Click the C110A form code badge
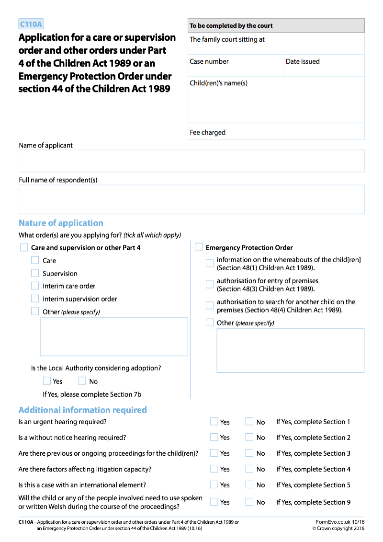point(31,24)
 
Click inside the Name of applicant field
point(191,161)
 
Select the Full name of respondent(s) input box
point(191,199)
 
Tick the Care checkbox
point(35,260)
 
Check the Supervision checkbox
point(35,273)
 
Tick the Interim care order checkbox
point(35,286)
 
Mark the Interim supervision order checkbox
point(35,298)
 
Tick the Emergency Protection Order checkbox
point(199,247)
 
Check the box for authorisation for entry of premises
point(210,284)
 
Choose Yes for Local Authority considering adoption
point(47,381)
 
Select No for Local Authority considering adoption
point(82,381)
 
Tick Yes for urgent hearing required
point(214,421)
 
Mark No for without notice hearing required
point(249,437)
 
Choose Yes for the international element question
point(214,484)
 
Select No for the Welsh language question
point(249,502)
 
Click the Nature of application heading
point(61,223)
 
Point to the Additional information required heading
point(82,410)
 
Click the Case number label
point(209,61)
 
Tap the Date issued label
point(303,61)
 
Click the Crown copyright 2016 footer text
point(338,528)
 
